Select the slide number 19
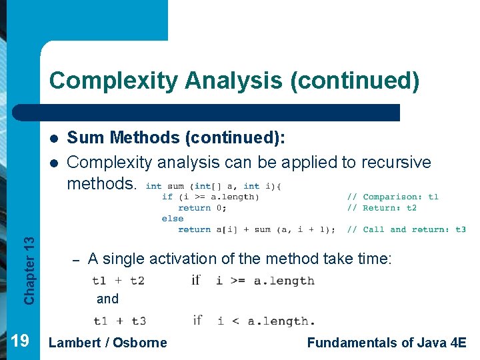[x=20, y=341]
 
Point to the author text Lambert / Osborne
[x=108, y=343]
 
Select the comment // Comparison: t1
[x=392, y=197]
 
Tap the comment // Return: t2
[x=381, y=208]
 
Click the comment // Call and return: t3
[x=405, y=230]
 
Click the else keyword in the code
[x=172, y=219]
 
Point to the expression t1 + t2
[x=119, y=281]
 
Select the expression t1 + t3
[x=119, y=321]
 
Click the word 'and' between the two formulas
[x=107, y=299]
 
